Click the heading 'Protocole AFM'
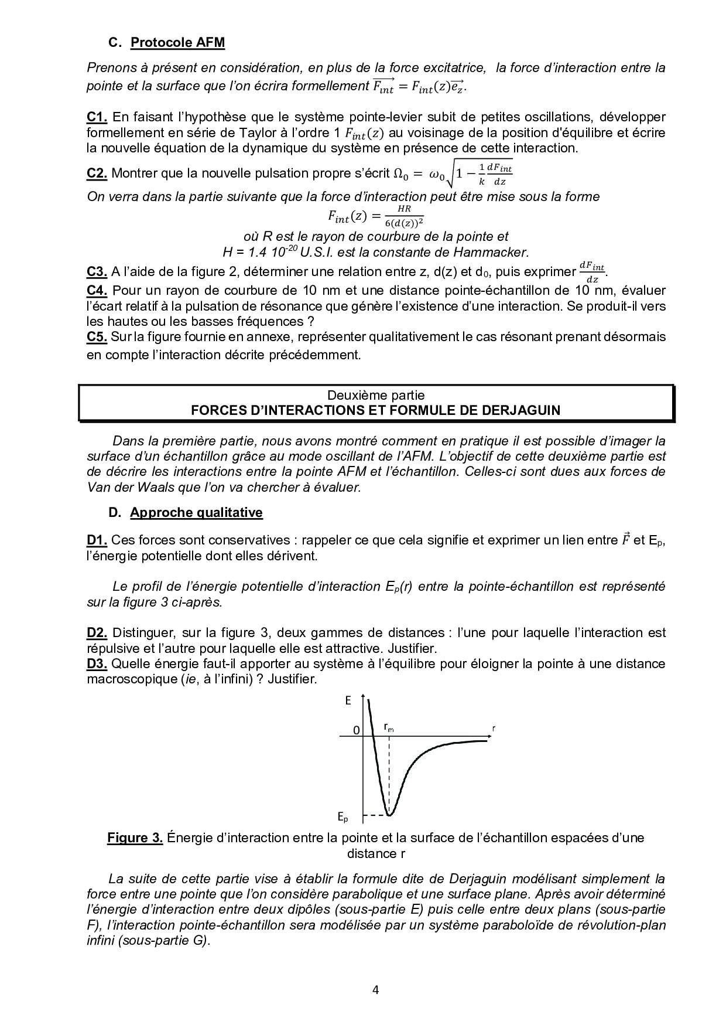[177, 42]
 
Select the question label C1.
[97, 117]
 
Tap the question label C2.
[97, 173]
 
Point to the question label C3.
[97, 271]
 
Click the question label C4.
[97, 290]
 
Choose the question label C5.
[97, 336]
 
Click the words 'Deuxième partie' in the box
[376, 394]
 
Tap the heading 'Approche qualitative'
[196, 512]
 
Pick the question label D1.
[97, 540]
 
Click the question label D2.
[97, 632]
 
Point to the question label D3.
[97, 663]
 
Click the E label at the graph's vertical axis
[348, 700]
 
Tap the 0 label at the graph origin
[356, 730]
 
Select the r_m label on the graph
[389, 727]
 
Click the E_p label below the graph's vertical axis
[343, 816]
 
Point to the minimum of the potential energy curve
[390, 814]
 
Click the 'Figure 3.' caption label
[135, 838]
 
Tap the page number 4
[375, 990]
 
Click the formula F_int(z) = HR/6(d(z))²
[375, 216]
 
